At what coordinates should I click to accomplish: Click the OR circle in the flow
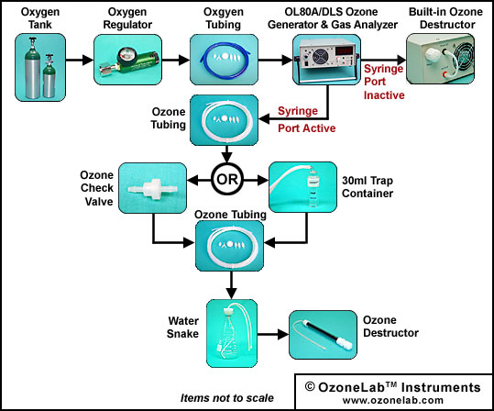point(227,179)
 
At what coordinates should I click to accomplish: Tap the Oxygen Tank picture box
point(40,67)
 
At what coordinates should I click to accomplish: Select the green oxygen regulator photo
point(128,60)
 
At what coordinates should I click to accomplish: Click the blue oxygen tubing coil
point(224,60)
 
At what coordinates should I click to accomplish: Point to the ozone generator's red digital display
point(345,50)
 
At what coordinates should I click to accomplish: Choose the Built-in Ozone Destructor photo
point(441,59)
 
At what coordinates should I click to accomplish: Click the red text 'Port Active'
point(306,128)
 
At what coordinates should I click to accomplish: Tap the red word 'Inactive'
point(384,94)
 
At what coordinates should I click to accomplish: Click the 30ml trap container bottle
point(313,187)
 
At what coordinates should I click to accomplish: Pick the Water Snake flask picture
point(232,333)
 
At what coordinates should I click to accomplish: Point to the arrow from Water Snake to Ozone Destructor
point(273,334)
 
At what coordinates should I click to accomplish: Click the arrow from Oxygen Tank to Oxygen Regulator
point(80,60)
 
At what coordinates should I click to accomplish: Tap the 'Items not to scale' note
point(227,398)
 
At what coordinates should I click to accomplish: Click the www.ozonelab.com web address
point(393,400)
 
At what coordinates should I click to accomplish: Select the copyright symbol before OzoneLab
point(310,386)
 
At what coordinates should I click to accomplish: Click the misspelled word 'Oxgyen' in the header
point(224,12)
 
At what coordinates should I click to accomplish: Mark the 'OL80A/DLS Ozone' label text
point(331,12)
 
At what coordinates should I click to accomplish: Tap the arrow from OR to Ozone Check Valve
point(199,181)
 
